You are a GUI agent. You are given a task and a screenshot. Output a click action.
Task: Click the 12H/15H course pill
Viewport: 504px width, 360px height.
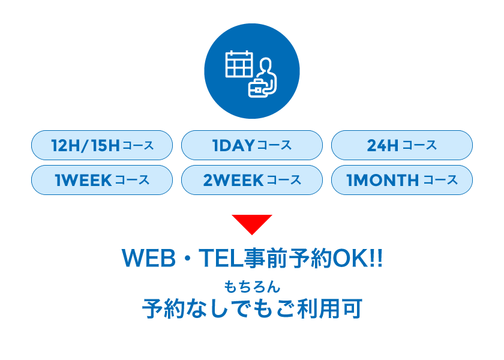pyautogui.click(x=102, y=145)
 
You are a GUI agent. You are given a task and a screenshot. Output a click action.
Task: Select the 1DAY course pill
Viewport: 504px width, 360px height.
pyautogui.click(x=252, y=145)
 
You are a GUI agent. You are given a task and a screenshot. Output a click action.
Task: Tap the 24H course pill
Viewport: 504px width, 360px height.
pyautogui.click(x=402, y=145)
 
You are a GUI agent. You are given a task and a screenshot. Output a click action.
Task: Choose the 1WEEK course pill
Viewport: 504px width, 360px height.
pyautogui.click(x=102, y=180)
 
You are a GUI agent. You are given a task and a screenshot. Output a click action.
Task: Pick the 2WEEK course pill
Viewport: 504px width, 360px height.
pyautogui.click(x=252, y=180)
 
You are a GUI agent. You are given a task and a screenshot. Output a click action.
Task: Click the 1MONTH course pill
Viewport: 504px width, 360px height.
pyautogui.click(x=402, y=180)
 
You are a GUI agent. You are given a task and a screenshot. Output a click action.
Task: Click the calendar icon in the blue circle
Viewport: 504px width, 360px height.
pyautogui.click(x=239, y=64)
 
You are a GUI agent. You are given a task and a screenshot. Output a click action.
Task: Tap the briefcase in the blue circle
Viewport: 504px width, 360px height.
pyautogui.click(x=258, y=88)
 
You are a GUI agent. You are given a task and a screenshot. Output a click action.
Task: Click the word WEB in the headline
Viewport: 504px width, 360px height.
pyautogui.click(x=149, y=258)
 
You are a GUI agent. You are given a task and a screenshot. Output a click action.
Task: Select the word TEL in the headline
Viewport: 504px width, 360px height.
pyautogui.click(x=221, y=258)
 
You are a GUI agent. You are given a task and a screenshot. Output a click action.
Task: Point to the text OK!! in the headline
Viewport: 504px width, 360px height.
pyautogui.click(x=358, y=258)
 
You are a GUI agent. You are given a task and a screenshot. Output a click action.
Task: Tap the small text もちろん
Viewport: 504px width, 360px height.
pyautogui.click(x=252, y=287)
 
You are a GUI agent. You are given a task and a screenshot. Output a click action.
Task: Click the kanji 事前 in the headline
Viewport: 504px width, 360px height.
pyautogui.click(x=265, y=258)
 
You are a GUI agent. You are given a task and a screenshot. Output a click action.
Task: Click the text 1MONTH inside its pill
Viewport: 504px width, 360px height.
pyautogui.click(x=383, y=181)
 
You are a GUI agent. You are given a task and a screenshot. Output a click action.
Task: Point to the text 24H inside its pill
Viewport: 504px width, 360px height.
pyautogui.click(x=383, y=146)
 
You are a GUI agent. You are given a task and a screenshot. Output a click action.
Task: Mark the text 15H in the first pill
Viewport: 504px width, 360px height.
pyautogui.click(x=105, y=146)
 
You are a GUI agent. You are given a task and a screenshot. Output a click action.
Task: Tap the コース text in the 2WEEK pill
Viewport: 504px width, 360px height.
pyautogui.click(x=284, y=181)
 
